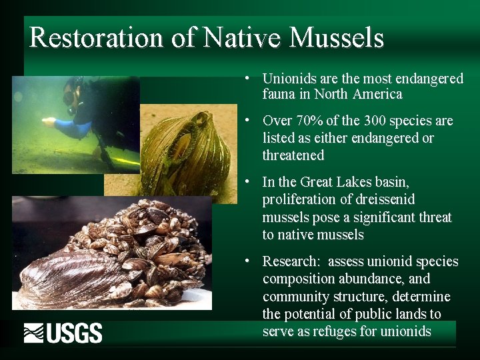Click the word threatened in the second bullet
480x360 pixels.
[293, 155]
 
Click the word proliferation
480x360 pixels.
[299, 200]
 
